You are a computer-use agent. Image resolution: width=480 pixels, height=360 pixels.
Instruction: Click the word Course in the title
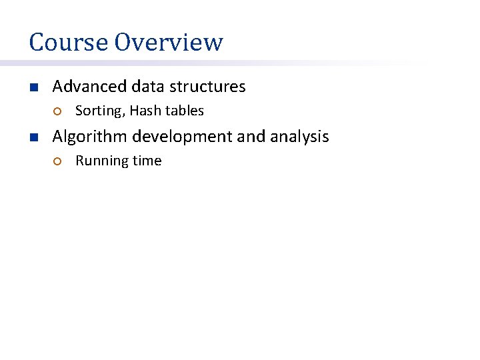coord(69,42)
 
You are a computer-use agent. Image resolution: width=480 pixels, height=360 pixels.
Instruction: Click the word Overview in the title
coord(169,42)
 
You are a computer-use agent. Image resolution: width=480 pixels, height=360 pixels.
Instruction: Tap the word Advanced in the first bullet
coord(89,87)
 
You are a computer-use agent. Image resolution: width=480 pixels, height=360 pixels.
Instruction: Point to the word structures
coord(207,87)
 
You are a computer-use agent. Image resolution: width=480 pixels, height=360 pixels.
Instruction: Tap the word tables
coord(185,111)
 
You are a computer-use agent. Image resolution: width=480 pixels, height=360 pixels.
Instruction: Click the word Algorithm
coord(90,137)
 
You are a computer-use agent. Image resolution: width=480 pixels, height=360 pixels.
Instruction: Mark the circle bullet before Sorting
coord(57,111)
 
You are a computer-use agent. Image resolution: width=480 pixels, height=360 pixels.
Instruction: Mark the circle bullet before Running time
coord(57,161)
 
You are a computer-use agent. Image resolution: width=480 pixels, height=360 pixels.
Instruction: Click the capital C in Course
coord(36,42)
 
